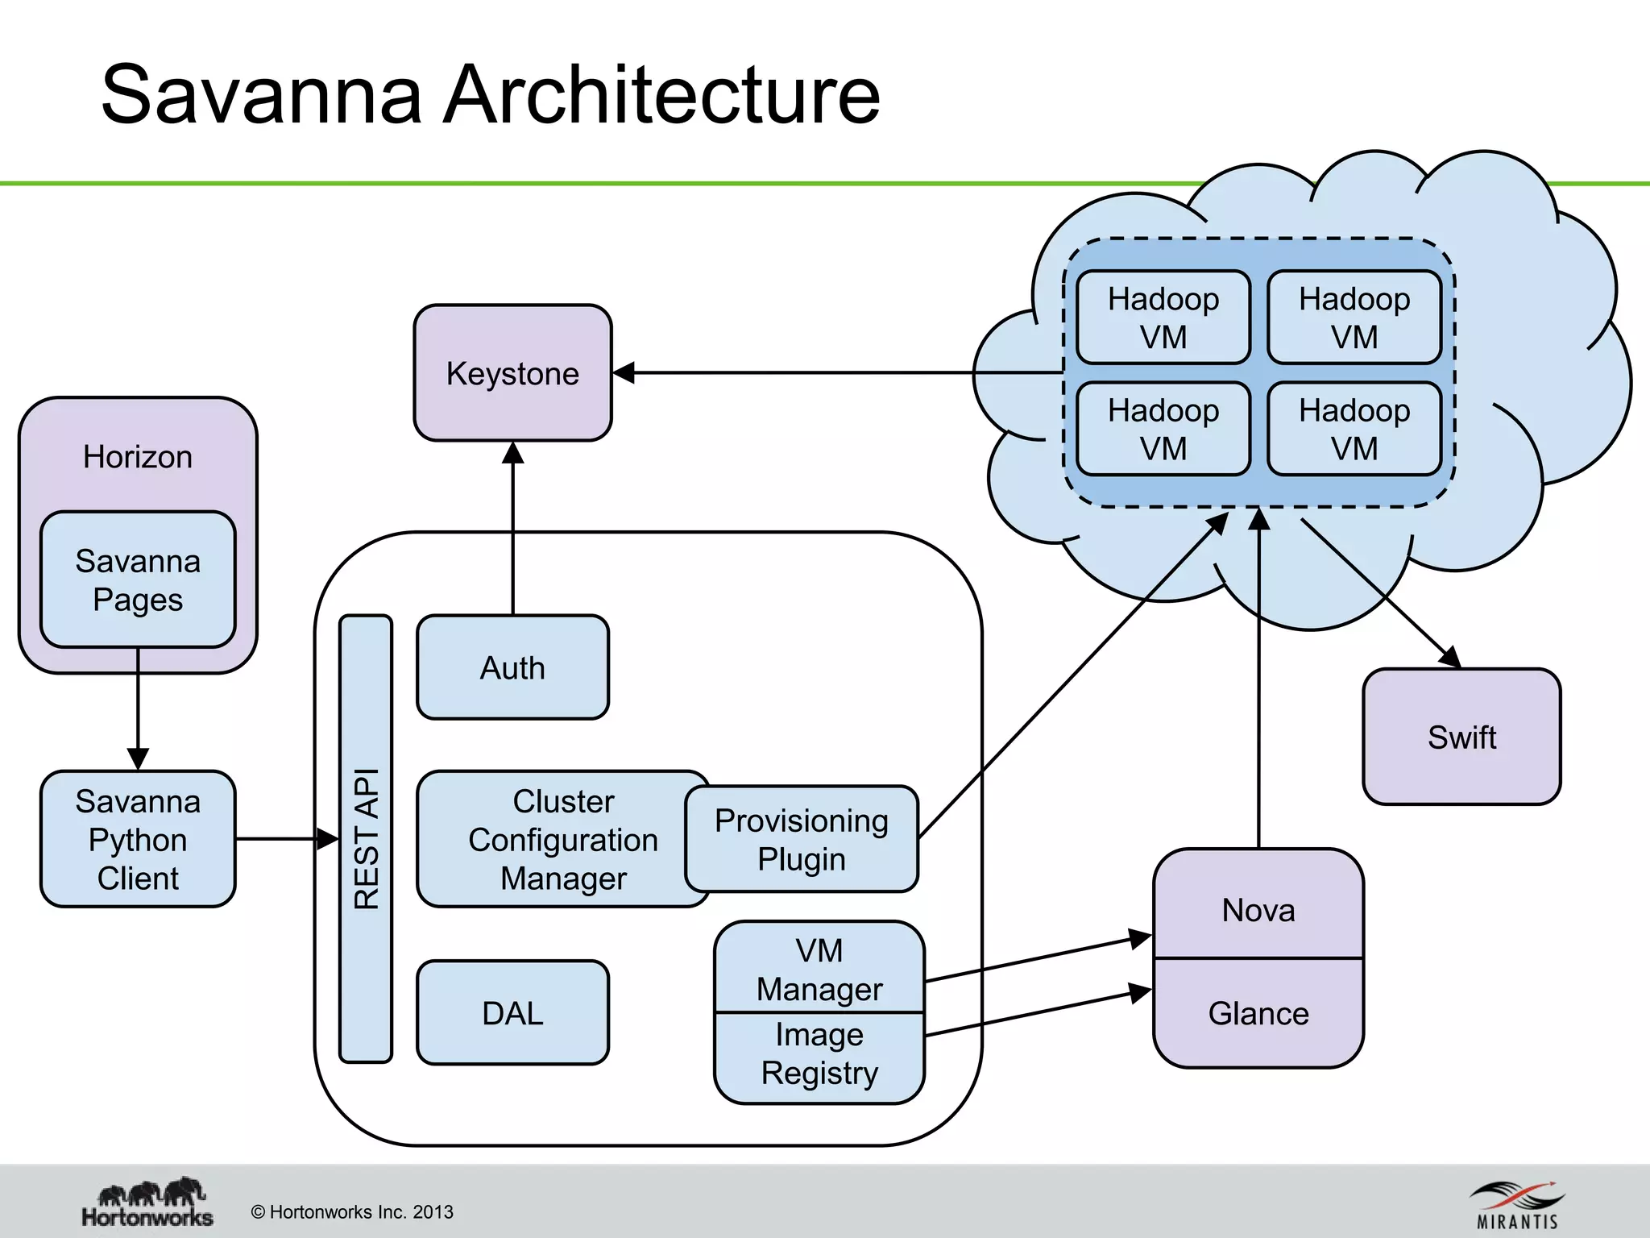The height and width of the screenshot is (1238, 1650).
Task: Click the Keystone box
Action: (x=512, y=373)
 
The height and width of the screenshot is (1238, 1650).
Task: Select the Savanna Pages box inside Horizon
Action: (x=138, y=580)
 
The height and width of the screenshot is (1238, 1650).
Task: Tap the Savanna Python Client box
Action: (x=138, y=839)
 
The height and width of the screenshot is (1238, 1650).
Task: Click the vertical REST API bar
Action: (x=366, y=838)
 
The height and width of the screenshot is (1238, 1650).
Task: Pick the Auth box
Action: (x=512, y=667)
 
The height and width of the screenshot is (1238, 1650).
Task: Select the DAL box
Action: (x=512, y=1012)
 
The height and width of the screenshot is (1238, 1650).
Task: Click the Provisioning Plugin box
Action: (x=802, y=839)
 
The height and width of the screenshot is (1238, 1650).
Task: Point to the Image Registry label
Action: (x=819, y=1054)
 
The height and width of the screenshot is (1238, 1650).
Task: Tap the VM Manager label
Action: (x=819, y=969)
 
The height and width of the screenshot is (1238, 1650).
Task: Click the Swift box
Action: (x=1461, y=737)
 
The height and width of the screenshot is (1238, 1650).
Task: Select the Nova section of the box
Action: (x=1258, y=909)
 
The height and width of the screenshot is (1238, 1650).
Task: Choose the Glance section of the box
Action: (x=1258, y=1013)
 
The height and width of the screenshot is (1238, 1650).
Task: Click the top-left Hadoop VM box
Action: (x=1163, y=318)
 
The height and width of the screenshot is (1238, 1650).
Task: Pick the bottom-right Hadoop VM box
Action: (x=1354, y=429)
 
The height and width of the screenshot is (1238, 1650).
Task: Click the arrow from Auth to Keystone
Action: (x=513, y=532)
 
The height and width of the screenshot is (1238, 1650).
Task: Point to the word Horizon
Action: (x=138, y=457)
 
